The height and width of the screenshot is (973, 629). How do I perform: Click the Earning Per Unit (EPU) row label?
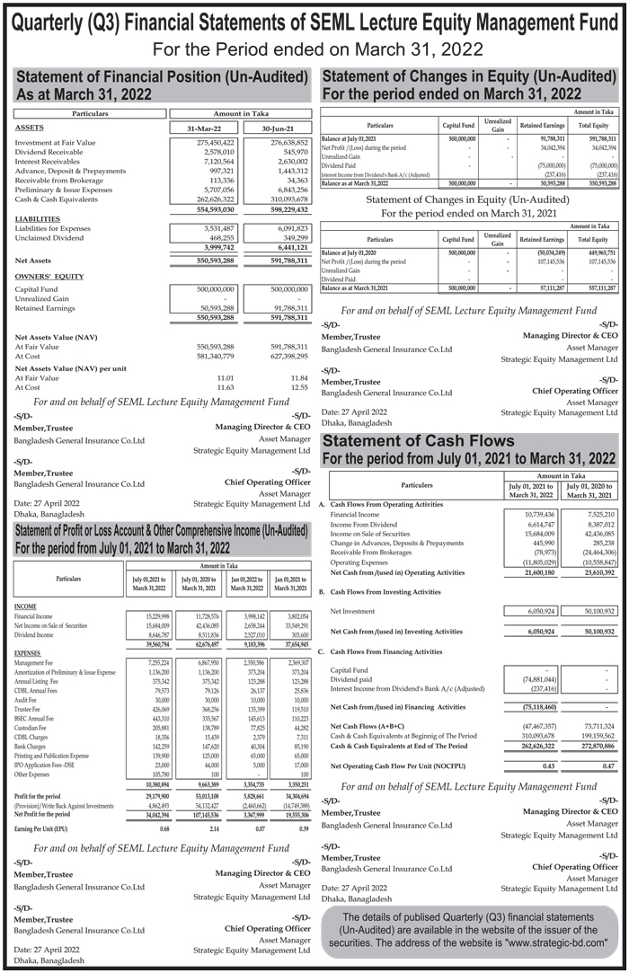coord(42,827)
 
